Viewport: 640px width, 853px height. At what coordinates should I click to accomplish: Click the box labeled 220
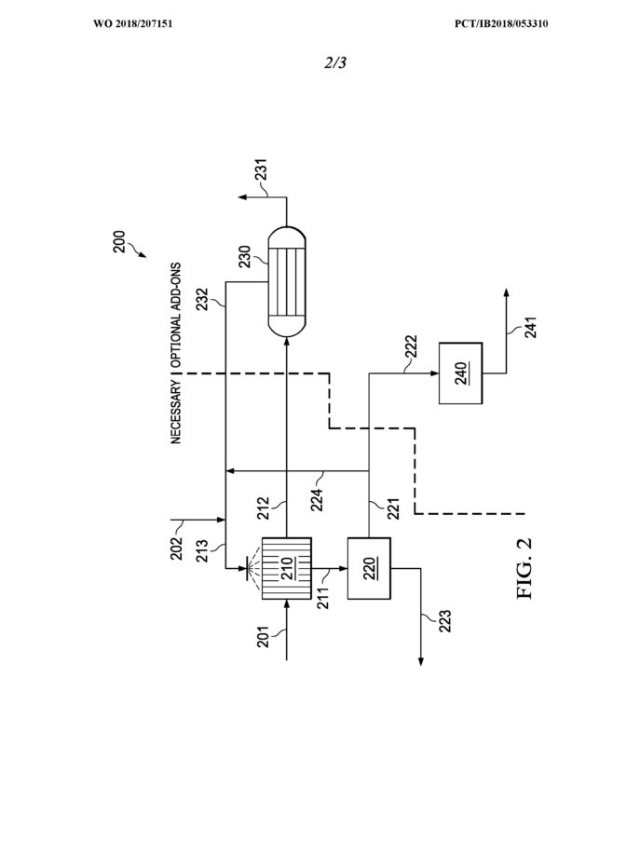[x=369, y=568]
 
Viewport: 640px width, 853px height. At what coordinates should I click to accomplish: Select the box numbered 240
[x=460, y=373]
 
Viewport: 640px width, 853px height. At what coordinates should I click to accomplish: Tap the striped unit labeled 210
[x=287, y=568]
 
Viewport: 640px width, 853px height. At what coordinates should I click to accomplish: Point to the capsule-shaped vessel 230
[x=287, y=281]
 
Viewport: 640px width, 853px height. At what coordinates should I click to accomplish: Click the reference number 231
[x=262, y=169]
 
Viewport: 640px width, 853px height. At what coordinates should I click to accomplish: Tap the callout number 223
[x=444, y=621]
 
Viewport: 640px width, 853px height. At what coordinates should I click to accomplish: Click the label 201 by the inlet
[x=263, y=637]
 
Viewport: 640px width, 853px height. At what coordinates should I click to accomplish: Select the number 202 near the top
[x=177, y=548]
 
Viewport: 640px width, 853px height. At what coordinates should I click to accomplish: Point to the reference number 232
[x=202, y=299]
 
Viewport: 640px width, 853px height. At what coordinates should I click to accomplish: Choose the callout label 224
[x=317, y=500]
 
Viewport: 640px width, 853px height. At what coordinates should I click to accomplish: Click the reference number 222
[x=411, y=347]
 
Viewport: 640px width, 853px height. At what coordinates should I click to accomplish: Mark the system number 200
[x=119, y=242]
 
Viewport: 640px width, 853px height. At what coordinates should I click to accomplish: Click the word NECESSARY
[x=176, y=412]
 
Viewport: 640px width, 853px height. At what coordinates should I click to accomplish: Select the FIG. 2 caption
[x=524, y=568]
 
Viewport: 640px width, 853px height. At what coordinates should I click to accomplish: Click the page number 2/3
[x=335, y=63]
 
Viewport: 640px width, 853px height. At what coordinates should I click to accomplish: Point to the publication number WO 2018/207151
[x=133, y=24]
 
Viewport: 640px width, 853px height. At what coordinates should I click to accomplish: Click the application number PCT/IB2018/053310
[x=501, y=24]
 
